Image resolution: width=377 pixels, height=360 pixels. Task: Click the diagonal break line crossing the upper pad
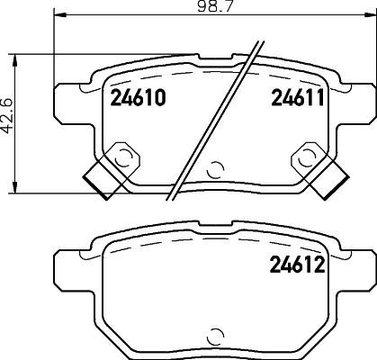point(220,112)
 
